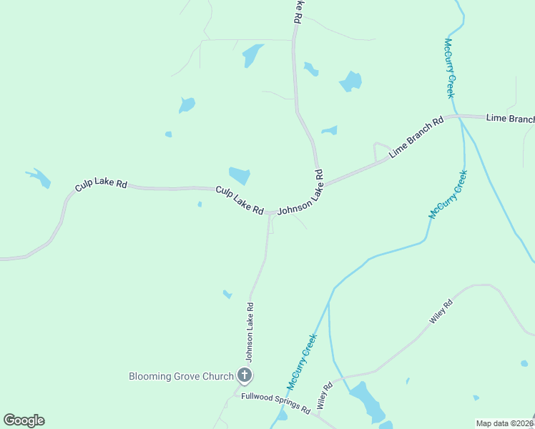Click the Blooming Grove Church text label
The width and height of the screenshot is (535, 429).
pos(181,376)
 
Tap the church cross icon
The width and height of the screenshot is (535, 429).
pos(245,375)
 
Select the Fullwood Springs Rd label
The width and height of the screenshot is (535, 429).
pos(275,404)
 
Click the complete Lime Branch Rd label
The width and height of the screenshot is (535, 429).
pos(416,136)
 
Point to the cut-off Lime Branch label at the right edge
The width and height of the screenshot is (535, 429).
pos(510,119)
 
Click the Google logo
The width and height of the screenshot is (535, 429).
pos(24,420)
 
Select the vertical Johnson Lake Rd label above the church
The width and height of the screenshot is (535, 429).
pos(250,331)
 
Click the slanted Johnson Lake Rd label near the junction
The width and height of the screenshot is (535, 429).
pos(300,192)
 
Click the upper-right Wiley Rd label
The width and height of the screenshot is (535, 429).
pos(442,312)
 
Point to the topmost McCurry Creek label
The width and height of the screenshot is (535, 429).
pos(450,68)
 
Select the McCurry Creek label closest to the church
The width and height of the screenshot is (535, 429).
pos(302,362)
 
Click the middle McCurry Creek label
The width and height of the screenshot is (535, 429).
pos(448,194)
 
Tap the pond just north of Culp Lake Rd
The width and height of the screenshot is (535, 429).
pos(239,175)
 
